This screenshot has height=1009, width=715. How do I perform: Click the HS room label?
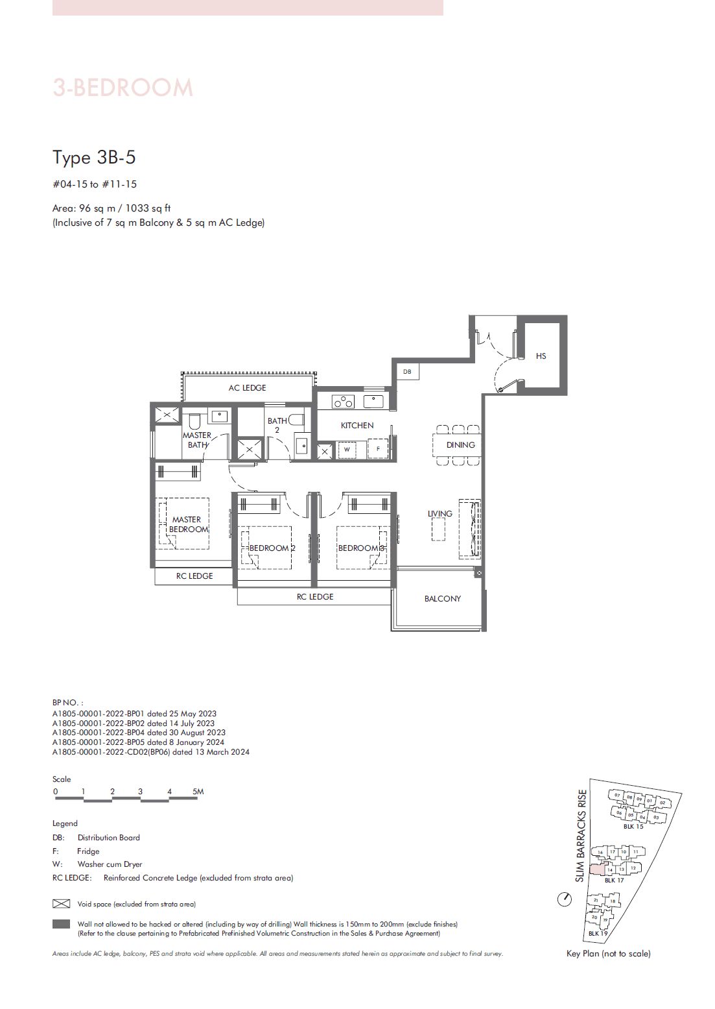point(541,356)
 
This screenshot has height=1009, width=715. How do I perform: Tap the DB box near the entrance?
point(407,372)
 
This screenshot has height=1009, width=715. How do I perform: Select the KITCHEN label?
point(357,426)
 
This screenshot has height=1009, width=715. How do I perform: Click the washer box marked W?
point(347,449)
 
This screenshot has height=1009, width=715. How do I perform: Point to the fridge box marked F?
point(378,448)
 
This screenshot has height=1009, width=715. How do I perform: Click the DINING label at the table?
point(460,445)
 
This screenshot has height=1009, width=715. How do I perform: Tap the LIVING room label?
point(440,514)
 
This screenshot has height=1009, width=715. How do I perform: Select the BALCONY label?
point(443,599)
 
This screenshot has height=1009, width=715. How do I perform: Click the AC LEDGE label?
point(247,388)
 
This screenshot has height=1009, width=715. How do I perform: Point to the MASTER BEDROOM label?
point(188,524)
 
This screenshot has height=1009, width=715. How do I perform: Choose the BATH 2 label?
point(277,425)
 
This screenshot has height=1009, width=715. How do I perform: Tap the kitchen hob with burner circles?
point(343,402)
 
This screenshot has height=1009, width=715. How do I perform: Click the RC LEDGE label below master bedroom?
point(194,576)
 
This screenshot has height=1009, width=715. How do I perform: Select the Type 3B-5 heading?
point(94,158)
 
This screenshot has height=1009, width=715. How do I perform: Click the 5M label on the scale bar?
point(198,792)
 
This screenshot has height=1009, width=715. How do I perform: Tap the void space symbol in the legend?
point(61,904)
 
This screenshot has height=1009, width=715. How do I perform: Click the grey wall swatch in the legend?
point(61,924)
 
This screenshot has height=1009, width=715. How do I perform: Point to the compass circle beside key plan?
point(565,899)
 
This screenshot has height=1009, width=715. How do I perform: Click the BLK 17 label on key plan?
point(614,881)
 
